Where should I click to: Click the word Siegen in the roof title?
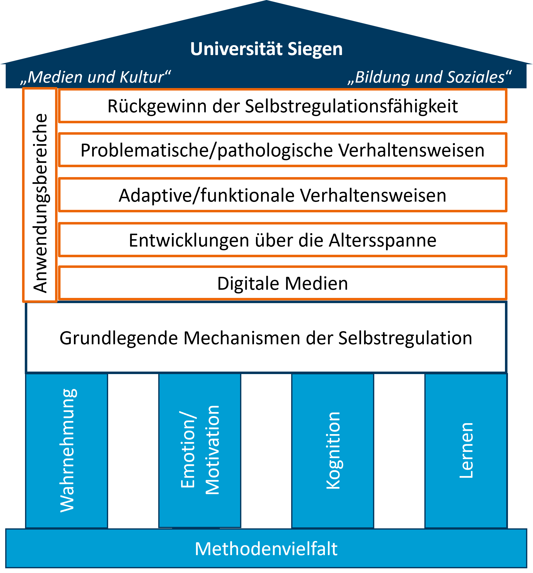[x=315, y=49]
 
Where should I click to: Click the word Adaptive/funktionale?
[x=206, y=195]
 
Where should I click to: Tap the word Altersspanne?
[x=382, y=240]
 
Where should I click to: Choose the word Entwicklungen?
[x=189, y=240]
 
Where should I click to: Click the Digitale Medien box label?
[x=282, y=283]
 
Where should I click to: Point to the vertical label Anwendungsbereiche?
[x=40, y=203]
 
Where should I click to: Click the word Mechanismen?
[x=242, y=338]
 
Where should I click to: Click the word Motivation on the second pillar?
[x=213, y=450]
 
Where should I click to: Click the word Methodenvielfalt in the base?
[x=266, y=548]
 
